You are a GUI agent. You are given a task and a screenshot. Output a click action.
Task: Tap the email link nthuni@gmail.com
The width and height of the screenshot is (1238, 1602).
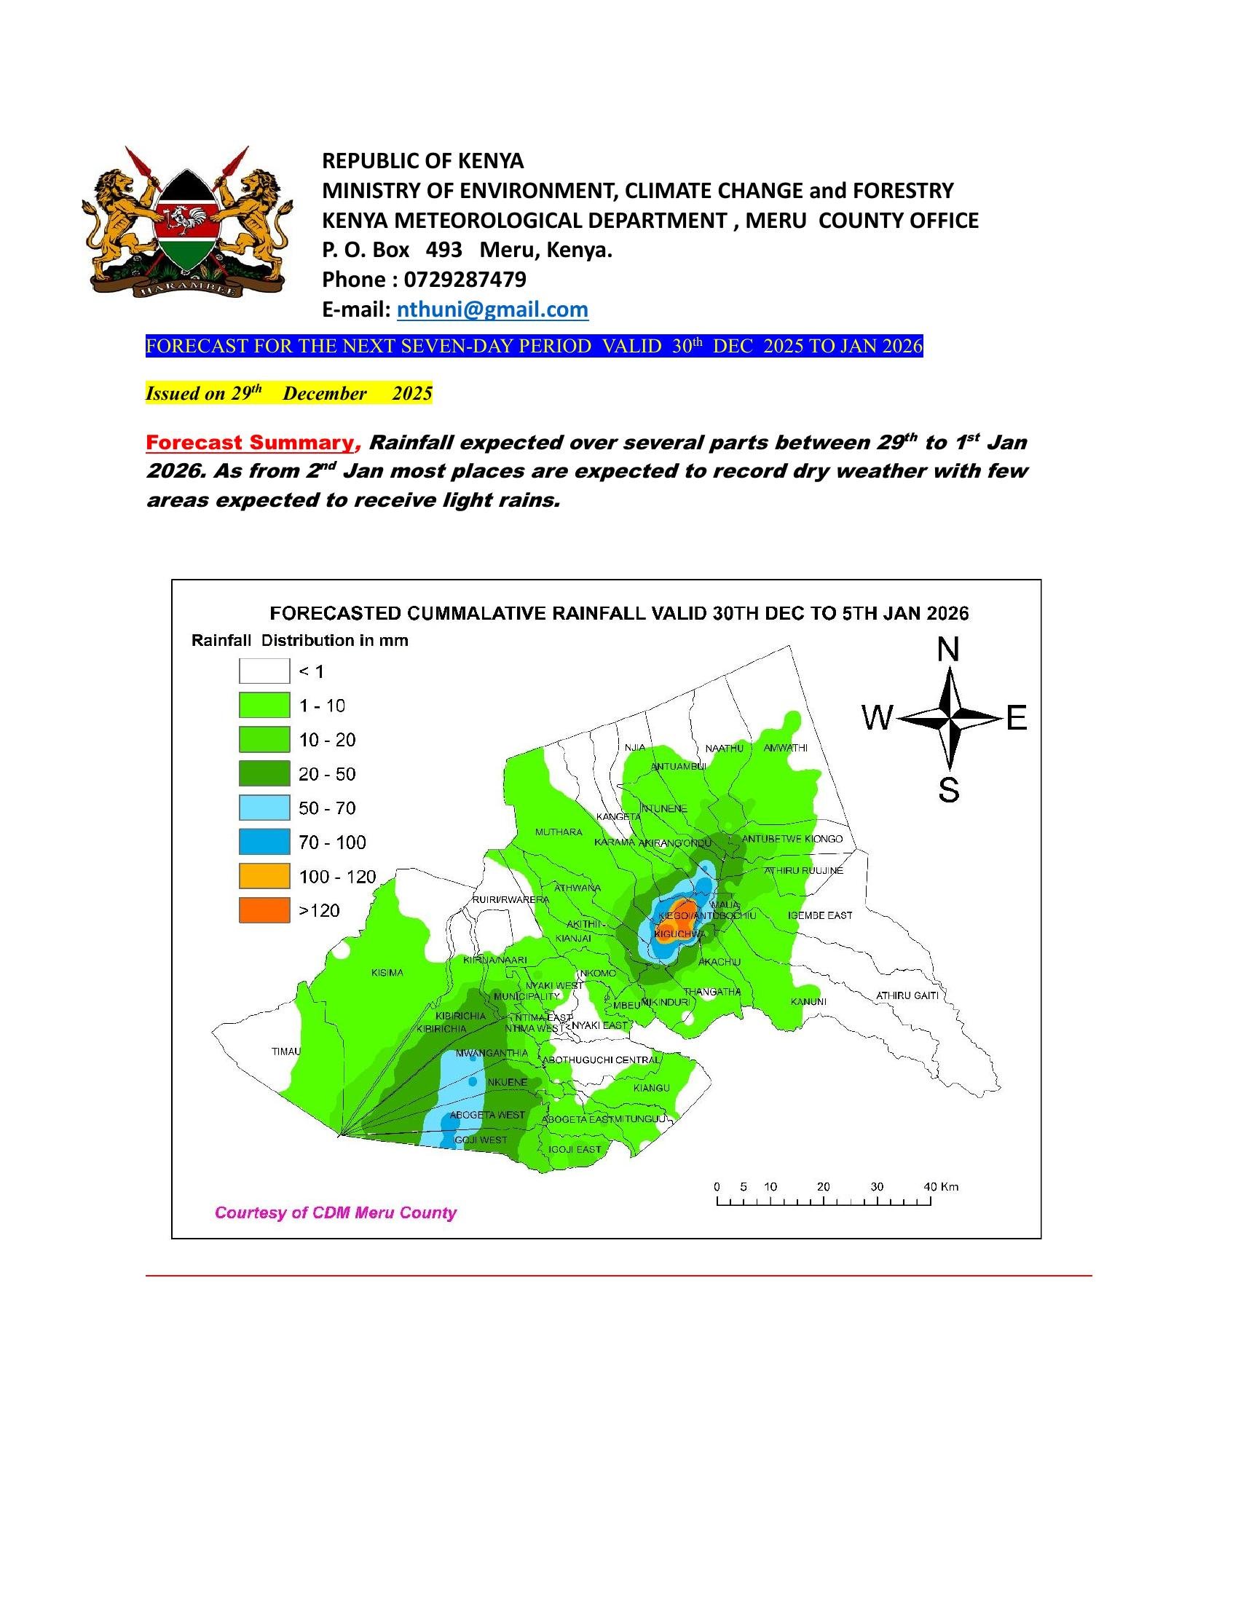point(492,309)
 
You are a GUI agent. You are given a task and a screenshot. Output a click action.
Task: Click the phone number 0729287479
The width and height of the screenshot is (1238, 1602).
point(465,280)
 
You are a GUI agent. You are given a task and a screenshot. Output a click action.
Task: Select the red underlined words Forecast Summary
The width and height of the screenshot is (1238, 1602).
point(249,443)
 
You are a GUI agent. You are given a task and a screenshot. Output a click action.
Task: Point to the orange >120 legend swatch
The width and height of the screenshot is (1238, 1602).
point(264,910)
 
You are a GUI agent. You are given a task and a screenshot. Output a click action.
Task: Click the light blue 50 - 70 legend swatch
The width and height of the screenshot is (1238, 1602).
point(264,808)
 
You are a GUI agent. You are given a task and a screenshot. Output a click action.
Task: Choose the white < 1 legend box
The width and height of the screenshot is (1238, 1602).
point(264,671)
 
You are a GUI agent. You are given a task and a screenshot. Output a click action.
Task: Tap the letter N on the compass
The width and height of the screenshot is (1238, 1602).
point(948,650)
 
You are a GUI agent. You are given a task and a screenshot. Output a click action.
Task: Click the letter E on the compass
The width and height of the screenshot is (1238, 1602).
point(1016,719)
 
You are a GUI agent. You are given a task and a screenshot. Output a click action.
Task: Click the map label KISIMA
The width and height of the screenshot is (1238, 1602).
point(387,973)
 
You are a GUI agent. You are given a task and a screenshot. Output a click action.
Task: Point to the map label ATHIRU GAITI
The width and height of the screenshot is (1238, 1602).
point(907,995)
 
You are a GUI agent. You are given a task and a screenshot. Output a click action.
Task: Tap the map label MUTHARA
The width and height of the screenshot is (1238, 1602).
point(559,832)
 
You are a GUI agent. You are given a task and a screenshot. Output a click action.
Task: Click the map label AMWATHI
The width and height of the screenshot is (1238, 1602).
point(786,748)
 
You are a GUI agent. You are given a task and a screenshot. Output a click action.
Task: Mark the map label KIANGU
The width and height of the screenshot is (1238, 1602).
point(651,1088)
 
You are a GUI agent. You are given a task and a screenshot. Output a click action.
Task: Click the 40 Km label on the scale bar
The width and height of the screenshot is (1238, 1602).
point(941,1187)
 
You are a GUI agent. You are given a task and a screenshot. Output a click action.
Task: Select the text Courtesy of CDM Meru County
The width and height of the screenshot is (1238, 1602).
point(335,1213)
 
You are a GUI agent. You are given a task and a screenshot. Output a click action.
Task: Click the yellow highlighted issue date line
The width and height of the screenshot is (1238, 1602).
point(289,394)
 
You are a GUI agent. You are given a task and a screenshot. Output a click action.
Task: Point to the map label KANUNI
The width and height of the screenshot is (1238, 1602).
point(808,1002)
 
